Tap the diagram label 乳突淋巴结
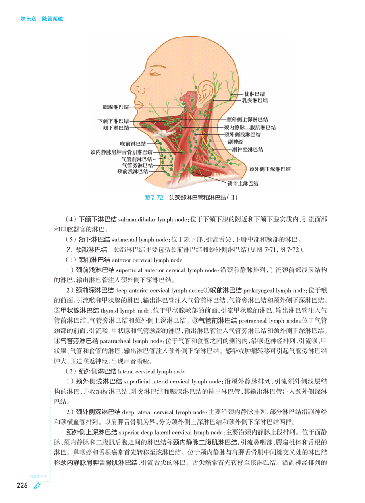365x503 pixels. (x=254, y=100)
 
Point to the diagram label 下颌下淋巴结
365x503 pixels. (x=113, y=121)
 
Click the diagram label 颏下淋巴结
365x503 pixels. (x=116, y=128)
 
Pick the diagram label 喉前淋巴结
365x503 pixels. (x=133, y=143)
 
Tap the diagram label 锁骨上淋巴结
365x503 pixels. (x=243, y=183)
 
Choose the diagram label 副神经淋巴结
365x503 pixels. (x=248, y=150)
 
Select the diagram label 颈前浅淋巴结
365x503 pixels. (x=133, y=171)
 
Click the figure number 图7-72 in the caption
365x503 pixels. (x=153, y=198)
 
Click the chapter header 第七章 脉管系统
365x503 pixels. (x=42, y=19)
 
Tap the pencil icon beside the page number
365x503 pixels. (x=37, y=486)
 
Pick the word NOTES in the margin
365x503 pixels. (x=38, y=477)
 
